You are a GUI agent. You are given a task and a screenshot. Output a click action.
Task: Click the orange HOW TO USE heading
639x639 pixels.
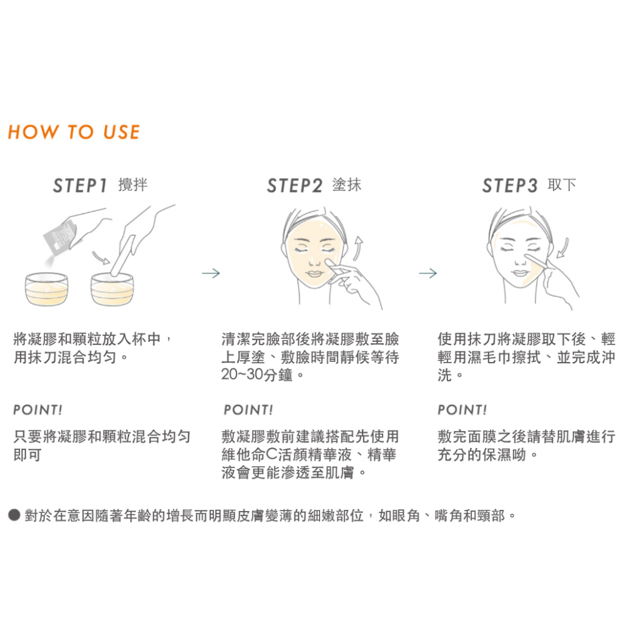pyautogui.click(x=74, y=132)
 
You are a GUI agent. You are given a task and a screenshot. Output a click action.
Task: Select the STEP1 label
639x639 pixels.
pyautogui.click(x=80, y=186)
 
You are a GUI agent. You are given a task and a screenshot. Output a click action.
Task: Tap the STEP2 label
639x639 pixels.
pyautogui.click(x=295, y=186)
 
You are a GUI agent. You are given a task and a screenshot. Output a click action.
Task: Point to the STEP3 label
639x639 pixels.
pyautogui.click(x=510, y=186)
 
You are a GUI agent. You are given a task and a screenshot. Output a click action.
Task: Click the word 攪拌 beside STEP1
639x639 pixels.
pyautogui.click(x=133, y=185)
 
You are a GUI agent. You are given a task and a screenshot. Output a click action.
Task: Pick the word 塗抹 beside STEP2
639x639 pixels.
pyautogui.click(x=347, y=185)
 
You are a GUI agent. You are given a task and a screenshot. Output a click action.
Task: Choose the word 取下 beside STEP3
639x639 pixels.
pyautogui.click(x=562, y=185)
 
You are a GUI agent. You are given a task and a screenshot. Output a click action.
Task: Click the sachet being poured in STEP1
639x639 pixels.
pyautogui.click(x=61, y=237)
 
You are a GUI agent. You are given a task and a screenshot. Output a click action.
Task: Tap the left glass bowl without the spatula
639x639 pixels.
pyautogui.click(x=46, y=289)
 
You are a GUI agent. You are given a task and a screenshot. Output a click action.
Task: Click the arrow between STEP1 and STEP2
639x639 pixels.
pyautogui.click(x=211, y=273)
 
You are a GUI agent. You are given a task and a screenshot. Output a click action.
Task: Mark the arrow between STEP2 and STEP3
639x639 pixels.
pyautogui.click(x=428, y=273)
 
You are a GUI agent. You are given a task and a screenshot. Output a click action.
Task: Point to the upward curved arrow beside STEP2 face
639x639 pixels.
pyautogui.click(x=358, y=247)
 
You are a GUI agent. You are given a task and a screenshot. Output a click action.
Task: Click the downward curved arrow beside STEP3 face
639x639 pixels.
pyautogui.click(x=562, y=248)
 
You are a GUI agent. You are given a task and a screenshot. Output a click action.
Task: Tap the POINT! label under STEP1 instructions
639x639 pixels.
pyautogui.click(x=38, y=409)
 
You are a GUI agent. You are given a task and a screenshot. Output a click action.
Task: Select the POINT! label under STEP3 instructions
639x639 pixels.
pyautogui.click(x=462, y=409)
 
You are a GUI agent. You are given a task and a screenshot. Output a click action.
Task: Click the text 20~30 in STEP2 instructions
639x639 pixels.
pyautogui.click(x=241, y=374)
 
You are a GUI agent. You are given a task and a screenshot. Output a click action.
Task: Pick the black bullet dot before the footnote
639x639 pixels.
pyautogui.click(x=14, y=515)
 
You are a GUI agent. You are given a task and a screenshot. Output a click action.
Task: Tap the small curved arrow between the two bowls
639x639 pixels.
pyautogui.click(x=101, y=258)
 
